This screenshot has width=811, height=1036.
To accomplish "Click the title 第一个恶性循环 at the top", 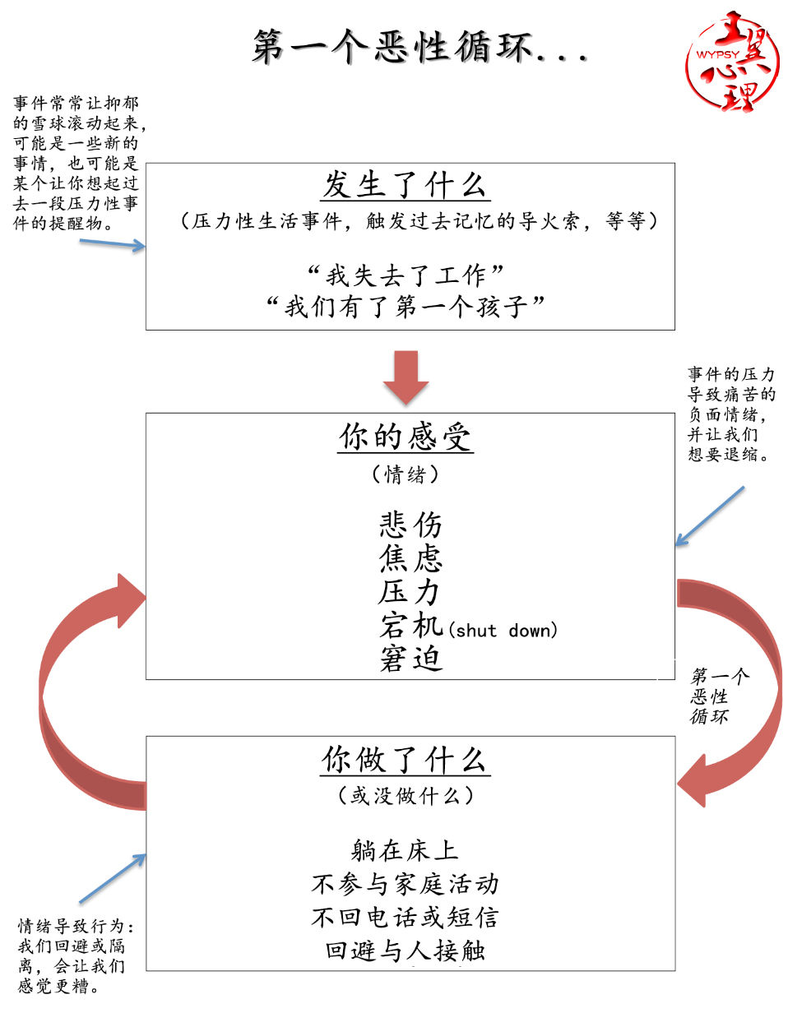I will pyautogui.click(x=419, y=46).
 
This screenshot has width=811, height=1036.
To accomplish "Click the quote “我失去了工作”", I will pyautogui.click(x=405, y=274).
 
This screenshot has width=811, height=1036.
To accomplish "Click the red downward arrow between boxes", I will pyautogui.click(x=405, y=377).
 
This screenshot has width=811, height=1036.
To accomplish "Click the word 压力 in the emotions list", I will pyautogui.click(x=410, y=591).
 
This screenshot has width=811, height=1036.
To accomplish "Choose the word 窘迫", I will pyautogui.click(x=410, y=659).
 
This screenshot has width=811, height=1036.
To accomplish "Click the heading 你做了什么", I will pyautogui.click(x=405, y=760).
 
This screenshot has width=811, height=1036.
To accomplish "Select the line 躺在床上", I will pyautogui.click(x=405, y=849).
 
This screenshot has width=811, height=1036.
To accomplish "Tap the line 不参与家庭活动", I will pyautogui.click(x=405, y=884).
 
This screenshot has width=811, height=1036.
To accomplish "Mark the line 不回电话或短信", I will pyautogui.click(x=405, y=917).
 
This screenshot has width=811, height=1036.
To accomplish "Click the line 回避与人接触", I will pyautogui.click(x=405, y=950).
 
